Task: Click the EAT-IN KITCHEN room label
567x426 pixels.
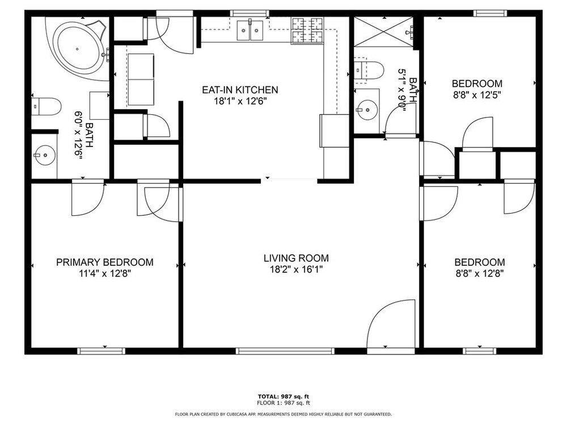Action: pyautogui.click(x=240, y=90)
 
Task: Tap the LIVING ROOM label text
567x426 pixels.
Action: pyautogui.click(x=296, y=258)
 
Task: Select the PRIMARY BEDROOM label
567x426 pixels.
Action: pyautogui.click(x=105, y=262)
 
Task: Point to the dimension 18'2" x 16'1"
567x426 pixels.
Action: pyautogui.click(x=296, y=269)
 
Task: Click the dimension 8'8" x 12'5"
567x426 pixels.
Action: pyautogui.click(x=477, y=95)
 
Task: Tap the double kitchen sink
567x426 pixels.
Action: pyautogui.click(x=250, y=31)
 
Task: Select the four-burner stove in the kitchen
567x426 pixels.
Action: pyautogui.click(x=307, y=31)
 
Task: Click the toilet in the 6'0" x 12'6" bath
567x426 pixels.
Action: pyautogui.click(x=45, y=107)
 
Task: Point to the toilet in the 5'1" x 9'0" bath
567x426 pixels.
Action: pyautogui.click(x=368, y=70)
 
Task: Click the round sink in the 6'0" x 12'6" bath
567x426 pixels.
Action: pyautogui.click(x=45, y=155)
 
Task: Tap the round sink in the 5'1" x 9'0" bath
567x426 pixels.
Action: pyautogui.click(x=367, y=109)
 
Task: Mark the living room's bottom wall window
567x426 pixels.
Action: pyautogui.click(x=285, y=350)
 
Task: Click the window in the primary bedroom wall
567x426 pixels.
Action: pyautogui.click(x=101, y=350)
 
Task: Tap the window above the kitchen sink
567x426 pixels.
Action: pyautogui.click(x=250, y=14)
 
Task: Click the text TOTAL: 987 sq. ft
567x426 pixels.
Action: pyautogui.click(x=283, y=396)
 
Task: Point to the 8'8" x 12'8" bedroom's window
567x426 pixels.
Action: pyautogui.click(x=480, y=350)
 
